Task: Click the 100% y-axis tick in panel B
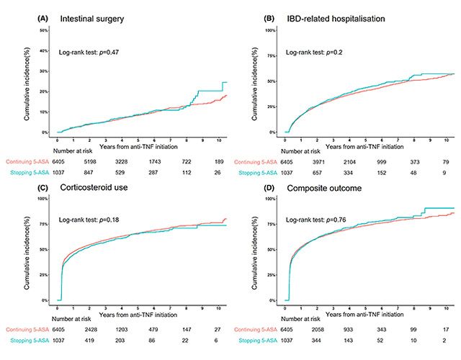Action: (271, 30)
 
